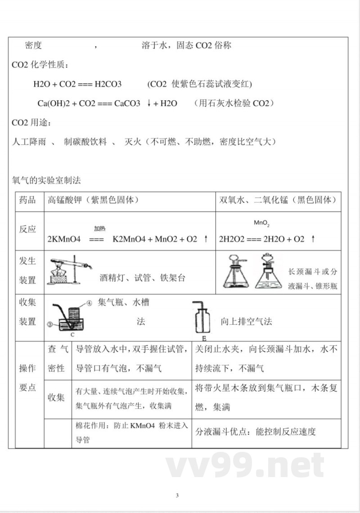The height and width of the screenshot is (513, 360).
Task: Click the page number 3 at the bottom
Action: [x=177, y=496]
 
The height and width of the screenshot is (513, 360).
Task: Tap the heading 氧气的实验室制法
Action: [x=46, y=180]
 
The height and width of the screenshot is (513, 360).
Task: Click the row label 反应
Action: [x=27, y=229]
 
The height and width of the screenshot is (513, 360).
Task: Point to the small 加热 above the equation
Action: [x=99, y=228]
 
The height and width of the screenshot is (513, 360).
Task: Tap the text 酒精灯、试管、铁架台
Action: [x=142, y=278]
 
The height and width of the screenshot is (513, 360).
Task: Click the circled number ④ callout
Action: [x=89, y=303]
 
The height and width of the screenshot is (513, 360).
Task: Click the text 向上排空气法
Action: [x=246, y=321]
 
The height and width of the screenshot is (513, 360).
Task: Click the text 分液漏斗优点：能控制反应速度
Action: [x=256, y=432]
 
